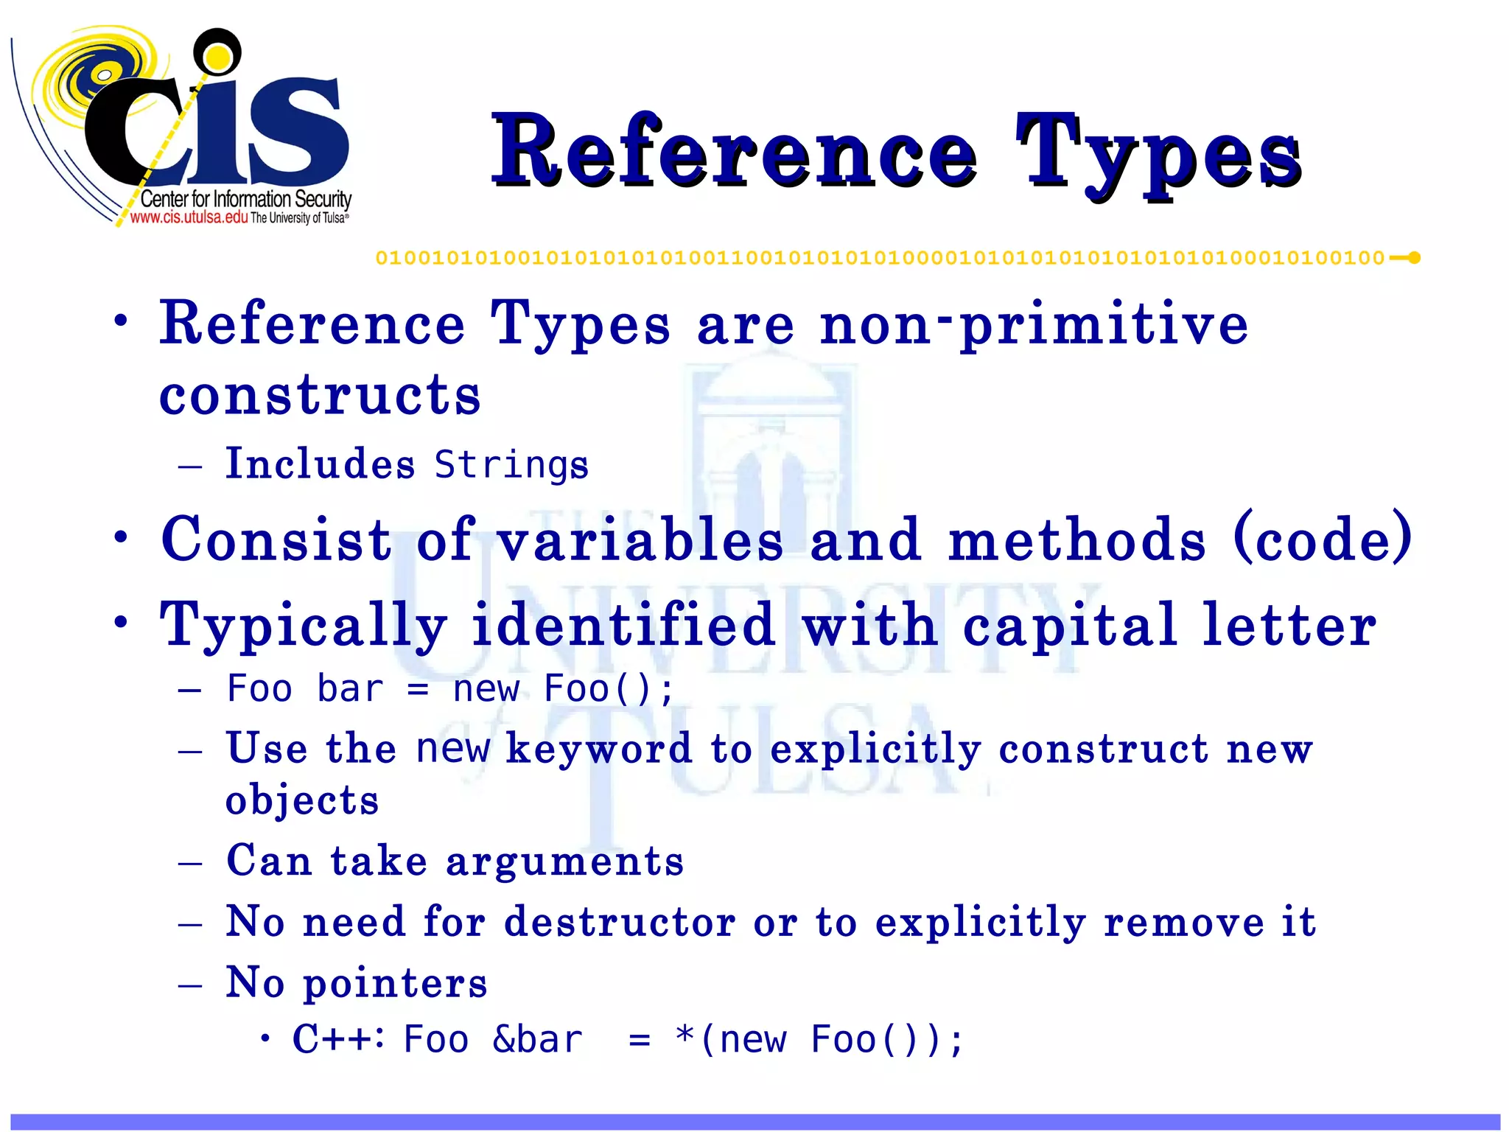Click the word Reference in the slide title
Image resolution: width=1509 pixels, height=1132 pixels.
click(x=734, y=152)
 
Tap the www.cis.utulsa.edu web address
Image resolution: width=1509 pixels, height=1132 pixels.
click(x=189, y=217)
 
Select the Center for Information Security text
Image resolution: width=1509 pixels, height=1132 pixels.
click(x=245, y=199)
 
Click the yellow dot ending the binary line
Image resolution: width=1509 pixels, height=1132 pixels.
click(x=1414, y=258)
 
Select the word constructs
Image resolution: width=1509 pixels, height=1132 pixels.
click(x=320, y=395)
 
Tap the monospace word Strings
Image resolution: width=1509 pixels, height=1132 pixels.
click(x=511, y=465)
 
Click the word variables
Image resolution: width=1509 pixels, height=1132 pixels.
click(x=640, y=539)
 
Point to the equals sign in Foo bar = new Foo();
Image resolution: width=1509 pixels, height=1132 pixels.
click(x=418, y=690)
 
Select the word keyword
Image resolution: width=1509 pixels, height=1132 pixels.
click(x=599, y=749)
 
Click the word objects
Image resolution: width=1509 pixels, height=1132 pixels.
click(x=302, y=800)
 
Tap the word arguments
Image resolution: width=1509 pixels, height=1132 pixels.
click(x=564, y=862)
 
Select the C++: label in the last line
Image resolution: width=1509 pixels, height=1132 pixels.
click(x=338, y=1039)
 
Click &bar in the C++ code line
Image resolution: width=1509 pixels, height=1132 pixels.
click(x=537, y=1040)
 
